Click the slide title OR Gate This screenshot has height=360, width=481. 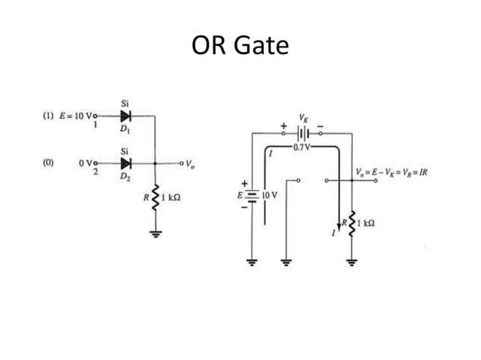coord(240,46)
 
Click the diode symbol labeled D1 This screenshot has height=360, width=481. coord(125,116)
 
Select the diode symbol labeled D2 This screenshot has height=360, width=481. coord(125,163)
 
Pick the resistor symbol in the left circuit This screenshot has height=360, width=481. coord(156,200)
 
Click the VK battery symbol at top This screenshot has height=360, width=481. coord(302,133)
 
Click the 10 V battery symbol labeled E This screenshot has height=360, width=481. coord(252,195)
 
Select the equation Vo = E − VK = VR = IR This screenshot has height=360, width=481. coord(391,172)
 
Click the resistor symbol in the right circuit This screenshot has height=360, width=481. coord(352,224)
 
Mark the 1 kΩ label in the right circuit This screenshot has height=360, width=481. coord(367,224)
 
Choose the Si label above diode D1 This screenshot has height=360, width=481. coord(124,103)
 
